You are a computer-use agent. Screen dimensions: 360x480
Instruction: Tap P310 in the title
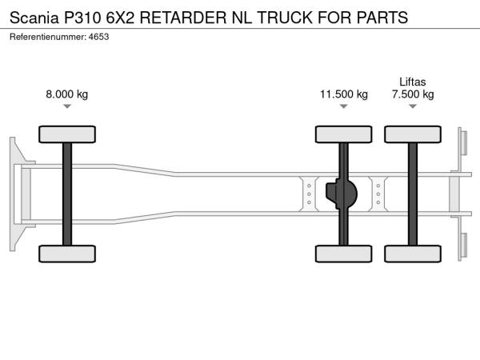coord(85,16)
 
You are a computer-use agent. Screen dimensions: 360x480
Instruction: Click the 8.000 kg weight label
coord(67,94)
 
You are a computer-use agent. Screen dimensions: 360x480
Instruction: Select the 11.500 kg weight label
coord(343,94)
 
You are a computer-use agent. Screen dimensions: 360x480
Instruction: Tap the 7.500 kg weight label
coord(413,94)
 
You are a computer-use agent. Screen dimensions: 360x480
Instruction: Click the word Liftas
coord(413,81)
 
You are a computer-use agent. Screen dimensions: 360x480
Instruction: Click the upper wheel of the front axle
coord(67,134)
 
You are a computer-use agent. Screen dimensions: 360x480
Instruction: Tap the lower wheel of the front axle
coord(67,254)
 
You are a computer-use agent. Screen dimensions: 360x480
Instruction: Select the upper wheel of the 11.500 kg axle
coord(343,134)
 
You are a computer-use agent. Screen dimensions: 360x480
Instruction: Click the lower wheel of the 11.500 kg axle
coord(343,254)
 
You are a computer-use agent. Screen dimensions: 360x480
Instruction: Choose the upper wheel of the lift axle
coord(413,134)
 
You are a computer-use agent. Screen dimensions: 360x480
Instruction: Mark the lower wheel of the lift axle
coord(413,254)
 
